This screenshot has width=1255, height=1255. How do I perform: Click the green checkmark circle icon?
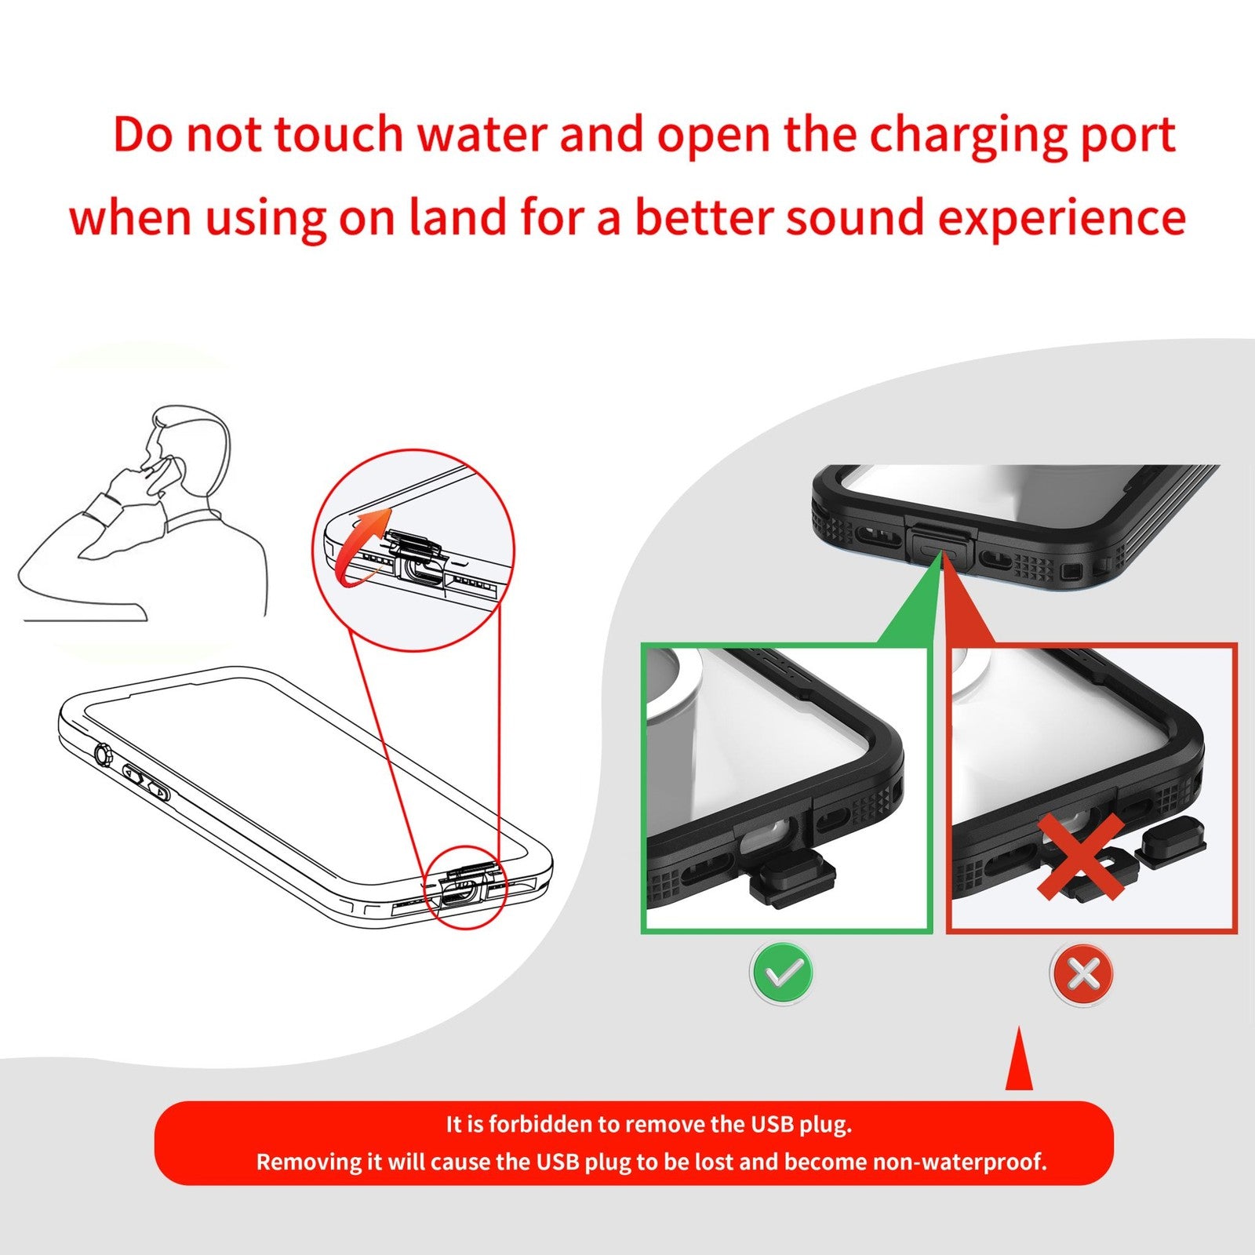tap(782, 973)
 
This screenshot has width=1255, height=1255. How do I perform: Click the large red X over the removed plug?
tap(1080, 857)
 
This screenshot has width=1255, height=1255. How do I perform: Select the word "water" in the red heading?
tap(481, 135)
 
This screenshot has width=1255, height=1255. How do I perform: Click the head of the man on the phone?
tap(188, 447)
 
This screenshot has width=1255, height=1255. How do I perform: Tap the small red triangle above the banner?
tap(1019, 1063)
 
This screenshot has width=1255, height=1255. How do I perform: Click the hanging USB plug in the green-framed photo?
tap(790, 879)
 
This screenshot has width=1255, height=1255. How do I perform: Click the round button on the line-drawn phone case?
tap(103, 755)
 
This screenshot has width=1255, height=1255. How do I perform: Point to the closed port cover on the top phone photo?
tap(940, 542)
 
